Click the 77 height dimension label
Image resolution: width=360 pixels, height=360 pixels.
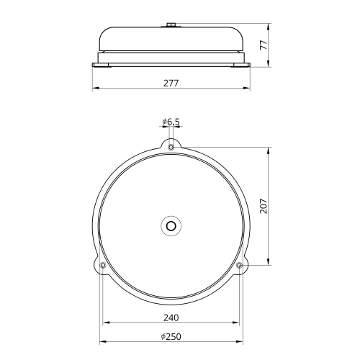pyautogui.click(x=264, y=45)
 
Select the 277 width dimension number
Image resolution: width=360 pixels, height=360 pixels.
pyautogui.click(x=171, y=84)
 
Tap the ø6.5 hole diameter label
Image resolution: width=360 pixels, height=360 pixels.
pyautogui.click(x=171, y=122)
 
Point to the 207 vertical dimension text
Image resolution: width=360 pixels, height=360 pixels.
pyautogui.click(x=264, y=206)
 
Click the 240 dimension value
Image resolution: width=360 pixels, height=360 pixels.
pyautogui.click(x=171, y=318)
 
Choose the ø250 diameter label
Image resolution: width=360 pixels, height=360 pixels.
pyautogui.click(x=171, y=337)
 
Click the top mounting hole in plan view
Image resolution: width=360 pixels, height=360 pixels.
pyautogui.click(x=171, y=147)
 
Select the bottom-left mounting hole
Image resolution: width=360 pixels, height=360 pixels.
pyautogui.click(x=103, y=265)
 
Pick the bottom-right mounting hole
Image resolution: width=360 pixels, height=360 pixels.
pyautogui.click(x=239, y=265)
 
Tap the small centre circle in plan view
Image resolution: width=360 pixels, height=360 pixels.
pyautogui.click(x=171, y=226)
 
